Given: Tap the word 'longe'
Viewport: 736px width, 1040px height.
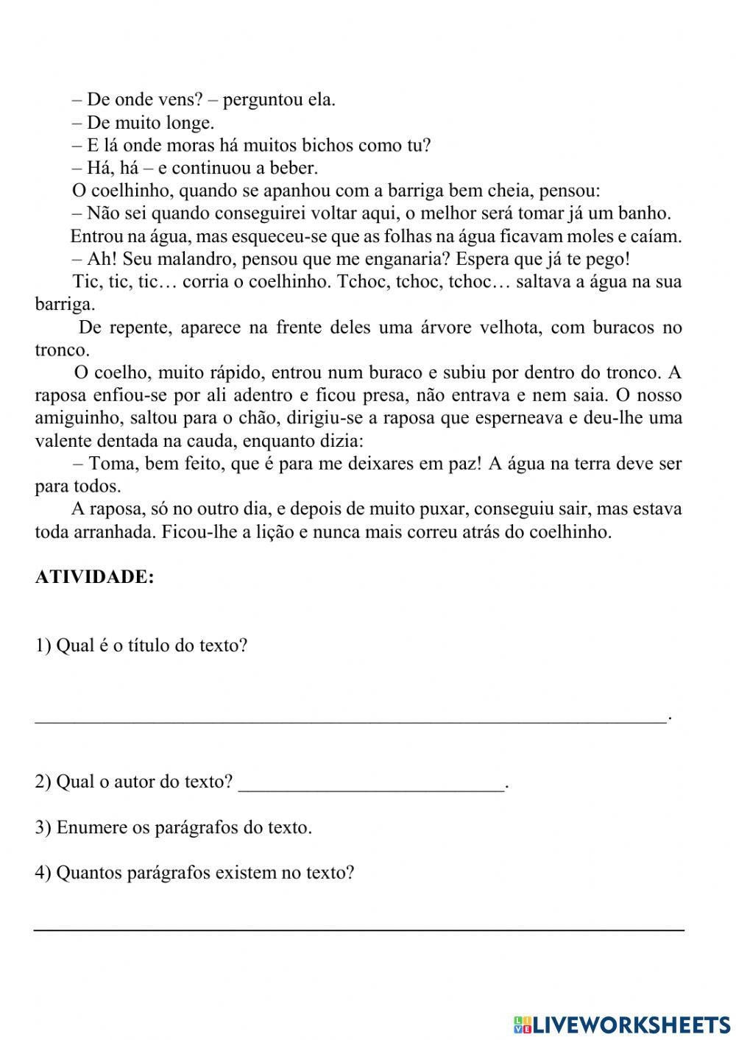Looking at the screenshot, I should coord(190,123).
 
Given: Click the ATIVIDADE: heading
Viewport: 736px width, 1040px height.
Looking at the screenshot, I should coord(94,578).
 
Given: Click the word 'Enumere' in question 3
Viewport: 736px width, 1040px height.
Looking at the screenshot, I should coord(92,827).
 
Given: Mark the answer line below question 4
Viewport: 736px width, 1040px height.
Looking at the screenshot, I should coord(359,930).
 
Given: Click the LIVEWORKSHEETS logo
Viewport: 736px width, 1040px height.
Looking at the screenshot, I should coord(622,1024).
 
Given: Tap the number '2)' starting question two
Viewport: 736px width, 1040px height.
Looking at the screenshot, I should coord(43,782).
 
